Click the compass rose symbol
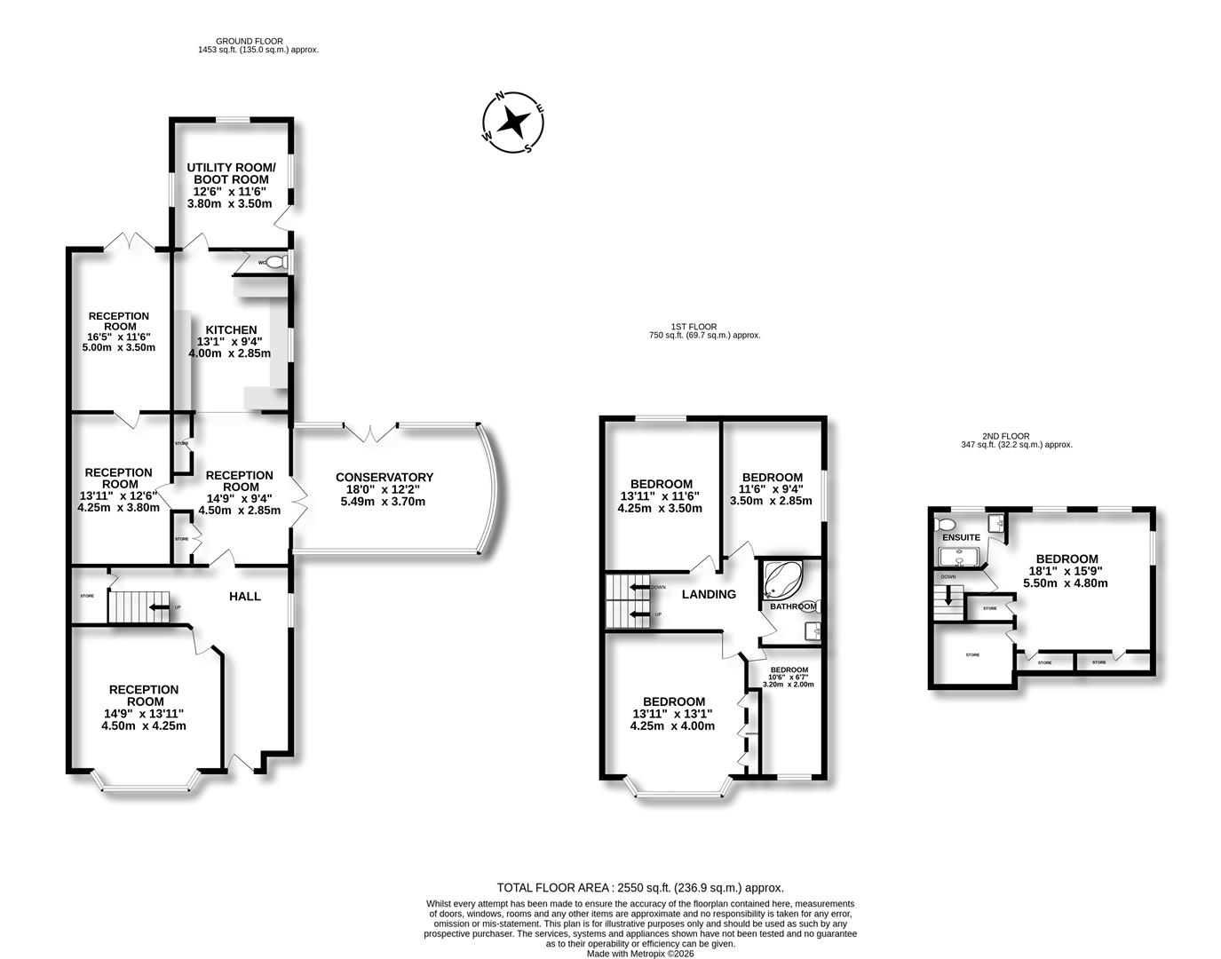pos(513,123)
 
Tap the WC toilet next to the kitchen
pos(276,263)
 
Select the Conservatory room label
pos(384,489)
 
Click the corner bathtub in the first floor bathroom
pos(783,581)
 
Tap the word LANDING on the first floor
pos(709,594)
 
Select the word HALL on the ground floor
pos(245,596)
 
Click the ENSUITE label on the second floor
pos(961,537)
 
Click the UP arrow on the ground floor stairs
pos(158,607)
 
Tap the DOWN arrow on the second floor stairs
pos(948,595)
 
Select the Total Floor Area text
pos(639,887)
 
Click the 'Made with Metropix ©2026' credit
pos(640,954)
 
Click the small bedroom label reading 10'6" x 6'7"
pos(789,677)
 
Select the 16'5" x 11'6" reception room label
pos(119,331)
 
